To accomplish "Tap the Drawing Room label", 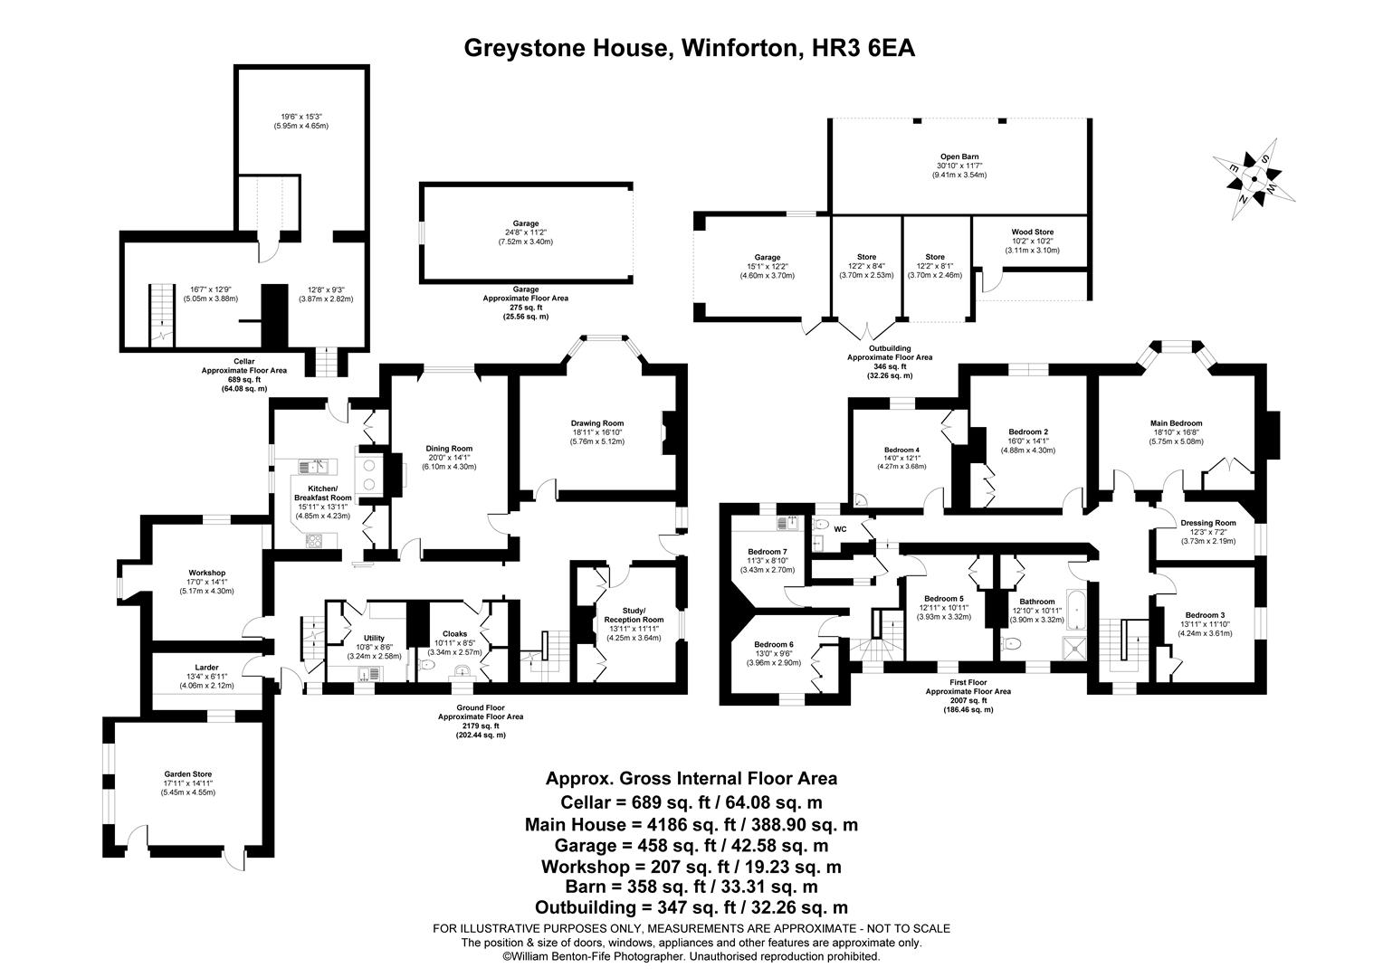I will coord(596,423).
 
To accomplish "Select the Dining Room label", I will coord(450,449).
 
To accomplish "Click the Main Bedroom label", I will coord(1176,423).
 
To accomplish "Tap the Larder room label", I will coord(207,668).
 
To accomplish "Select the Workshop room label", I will coord(207,573).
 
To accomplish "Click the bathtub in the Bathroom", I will coord(1074,612).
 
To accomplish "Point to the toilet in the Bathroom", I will coord(1010,644).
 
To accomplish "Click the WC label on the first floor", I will coord(840,528).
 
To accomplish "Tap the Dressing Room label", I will coord(1207,523).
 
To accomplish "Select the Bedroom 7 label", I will coord(768,552).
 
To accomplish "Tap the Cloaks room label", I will coord(455,634).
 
